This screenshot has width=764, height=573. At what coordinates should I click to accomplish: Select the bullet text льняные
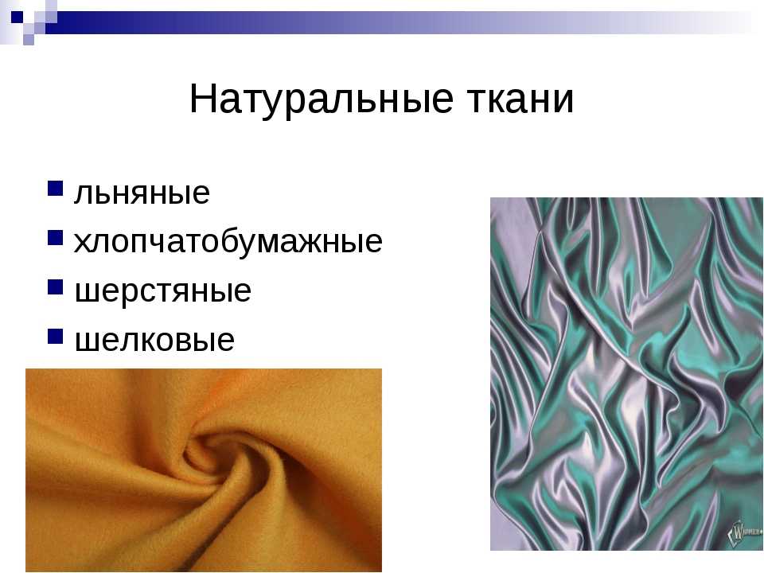pos(142,193)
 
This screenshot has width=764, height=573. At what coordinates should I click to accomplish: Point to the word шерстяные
pos(162,291)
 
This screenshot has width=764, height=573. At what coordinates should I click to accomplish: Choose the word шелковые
pos(154,340)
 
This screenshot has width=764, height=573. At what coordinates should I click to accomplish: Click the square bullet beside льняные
pos(56,188)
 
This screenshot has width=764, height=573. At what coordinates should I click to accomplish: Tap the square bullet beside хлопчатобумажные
pos(56,237)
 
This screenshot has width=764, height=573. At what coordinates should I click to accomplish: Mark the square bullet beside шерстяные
pos(56,287)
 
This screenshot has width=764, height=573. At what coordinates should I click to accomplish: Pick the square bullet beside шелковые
pos(56,336)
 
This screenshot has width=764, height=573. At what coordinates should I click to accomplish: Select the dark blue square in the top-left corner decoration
pos(17,18)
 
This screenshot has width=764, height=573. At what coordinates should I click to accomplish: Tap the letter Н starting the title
pos(201,99)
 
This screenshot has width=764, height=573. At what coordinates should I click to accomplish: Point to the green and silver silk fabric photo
pos(626,374)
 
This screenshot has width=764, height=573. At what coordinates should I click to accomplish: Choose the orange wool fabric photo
pos(204,470)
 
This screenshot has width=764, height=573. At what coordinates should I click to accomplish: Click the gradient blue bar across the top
pos(400,23)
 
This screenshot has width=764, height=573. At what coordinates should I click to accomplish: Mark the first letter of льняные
pos(83,194)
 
